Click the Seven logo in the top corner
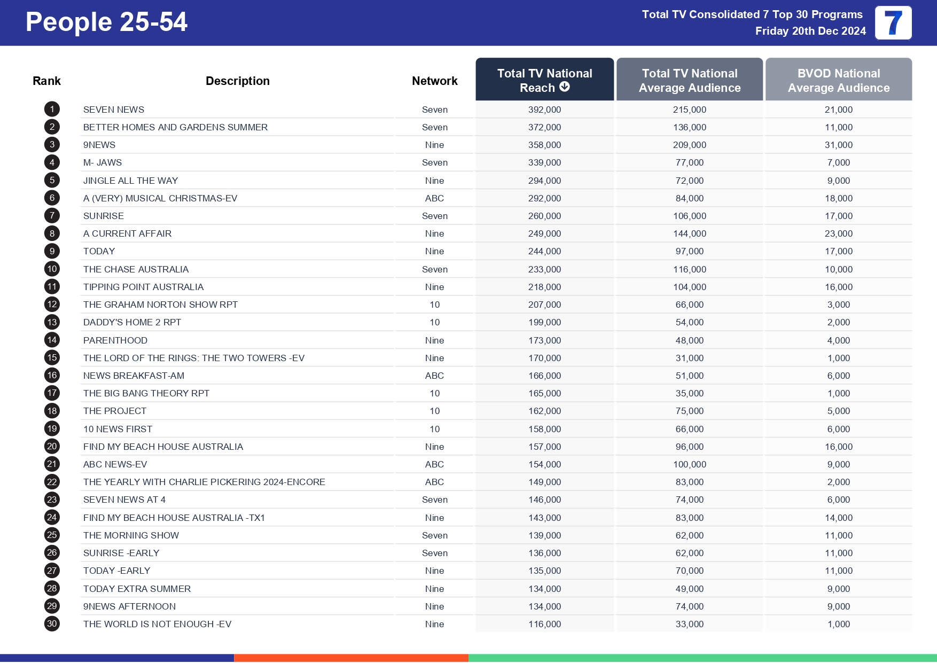(x=893, y=23)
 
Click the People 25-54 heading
(x=106, y=22)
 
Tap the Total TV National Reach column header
(x=544, y=80)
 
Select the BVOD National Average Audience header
(x=838, y=80)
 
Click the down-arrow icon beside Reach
(x=565, y=87)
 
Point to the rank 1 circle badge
(x=52, y=110)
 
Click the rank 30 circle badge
(x=52, y=623)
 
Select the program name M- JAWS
(x=103, y=162)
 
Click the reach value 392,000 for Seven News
(x=544, y=110)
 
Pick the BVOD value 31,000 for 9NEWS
(x=838, y=145)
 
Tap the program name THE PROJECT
(x=115, y=411)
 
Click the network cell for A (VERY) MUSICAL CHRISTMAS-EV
(x=434, y=198)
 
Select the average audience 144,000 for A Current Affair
(x=689, y=233)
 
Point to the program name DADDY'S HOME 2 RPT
(x=132, y=322)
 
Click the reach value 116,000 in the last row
(x=544, y=624)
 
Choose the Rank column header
(x=46, y=81)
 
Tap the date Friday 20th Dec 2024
(x=810, y=31)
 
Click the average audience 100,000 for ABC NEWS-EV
(x=689, y=464)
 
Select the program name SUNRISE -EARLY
(x=121, y=553)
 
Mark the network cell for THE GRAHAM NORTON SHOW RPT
(x=434, y=305)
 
